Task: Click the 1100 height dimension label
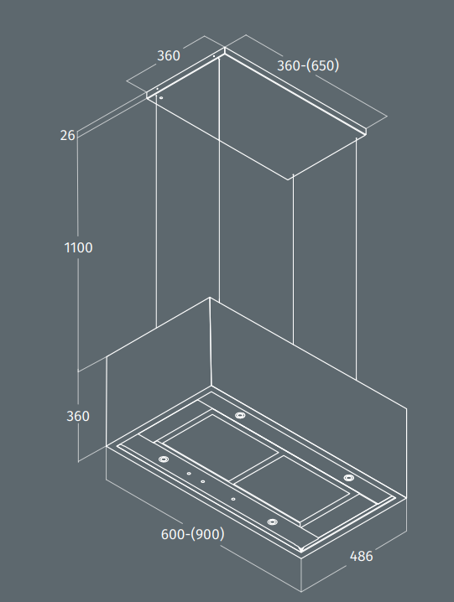pos(78,247)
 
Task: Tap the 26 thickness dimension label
pos(67,135)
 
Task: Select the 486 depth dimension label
pos(361,556)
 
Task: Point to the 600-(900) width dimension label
pos(193,534)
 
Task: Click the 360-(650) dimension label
pos(308,65)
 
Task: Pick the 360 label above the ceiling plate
pos(169,55)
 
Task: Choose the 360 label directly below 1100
pos(78,416)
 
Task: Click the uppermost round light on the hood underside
pos(240,415)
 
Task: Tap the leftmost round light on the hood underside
pos(163,459)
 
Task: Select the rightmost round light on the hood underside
pos(348,478)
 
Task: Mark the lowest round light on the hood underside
pos(272,522)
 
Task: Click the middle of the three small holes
pos(202,481)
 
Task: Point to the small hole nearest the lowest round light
pos(233,499)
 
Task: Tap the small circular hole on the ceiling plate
pos(161,98)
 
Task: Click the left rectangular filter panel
pos(220,447)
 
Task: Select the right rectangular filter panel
pos(293,490)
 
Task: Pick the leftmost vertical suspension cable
pos(156,212)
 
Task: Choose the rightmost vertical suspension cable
pos(356,259)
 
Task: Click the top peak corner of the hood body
pos(210,297)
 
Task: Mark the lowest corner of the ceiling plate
pos(288,179)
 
